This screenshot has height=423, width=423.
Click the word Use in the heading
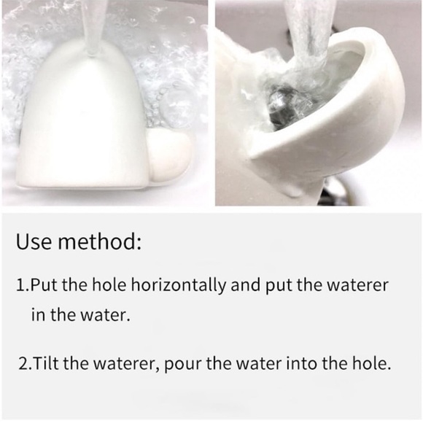(x=34, y=241)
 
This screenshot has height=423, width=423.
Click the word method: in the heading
(x=100, y=241)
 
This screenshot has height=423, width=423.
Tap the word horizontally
(x=178, y=286)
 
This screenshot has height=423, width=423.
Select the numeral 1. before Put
(x=23, y=285)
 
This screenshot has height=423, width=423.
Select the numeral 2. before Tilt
(x=26, y=363)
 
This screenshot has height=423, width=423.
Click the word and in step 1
(x=246, y=285)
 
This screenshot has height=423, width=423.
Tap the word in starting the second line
(x=37, y=314)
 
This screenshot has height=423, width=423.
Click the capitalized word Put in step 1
(x=44, y=285)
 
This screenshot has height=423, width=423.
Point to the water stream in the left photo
(x=93, y=26)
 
